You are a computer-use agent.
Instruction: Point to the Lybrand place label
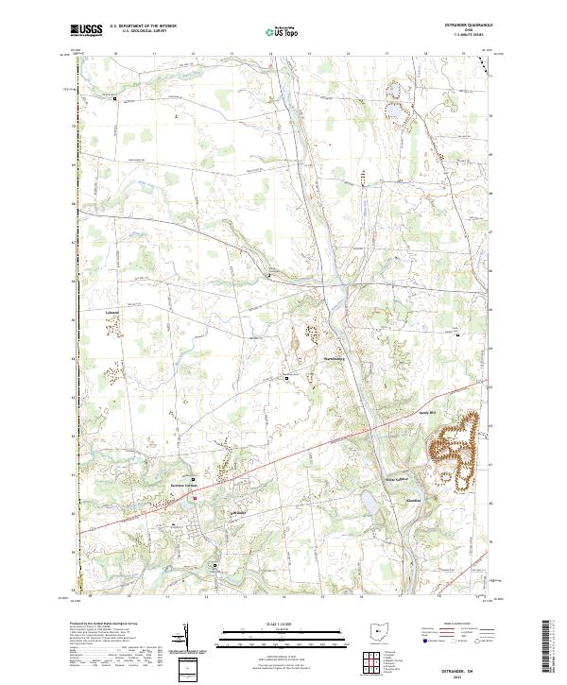coord(111,311)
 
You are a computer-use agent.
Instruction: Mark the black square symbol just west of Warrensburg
coord(288,378)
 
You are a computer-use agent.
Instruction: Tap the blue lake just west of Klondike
coord(368,501)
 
